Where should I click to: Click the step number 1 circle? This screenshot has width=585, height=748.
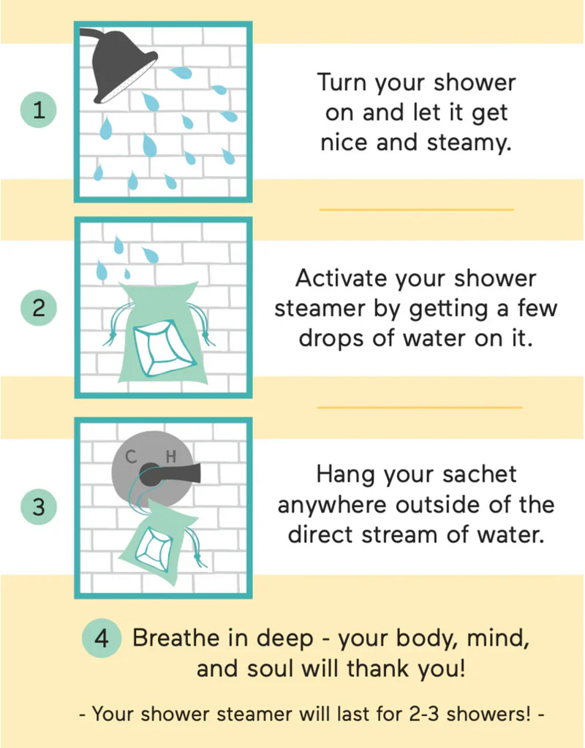[x=39, y=110]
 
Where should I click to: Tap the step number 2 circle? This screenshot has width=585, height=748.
[x=39, y=308]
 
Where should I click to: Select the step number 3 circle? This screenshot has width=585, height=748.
[x=39, y=506]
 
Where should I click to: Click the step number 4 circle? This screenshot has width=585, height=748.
[x=102, y=638]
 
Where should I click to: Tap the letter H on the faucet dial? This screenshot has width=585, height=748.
[x=172, y=457]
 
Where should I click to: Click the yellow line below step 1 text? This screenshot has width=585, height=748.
[x=417, y=210]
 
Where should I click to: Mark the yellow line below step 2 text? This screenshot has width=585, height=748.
[x=419, y=407]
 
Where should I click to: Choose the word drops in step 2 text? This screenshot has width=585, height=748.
[x=330, y=340]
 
